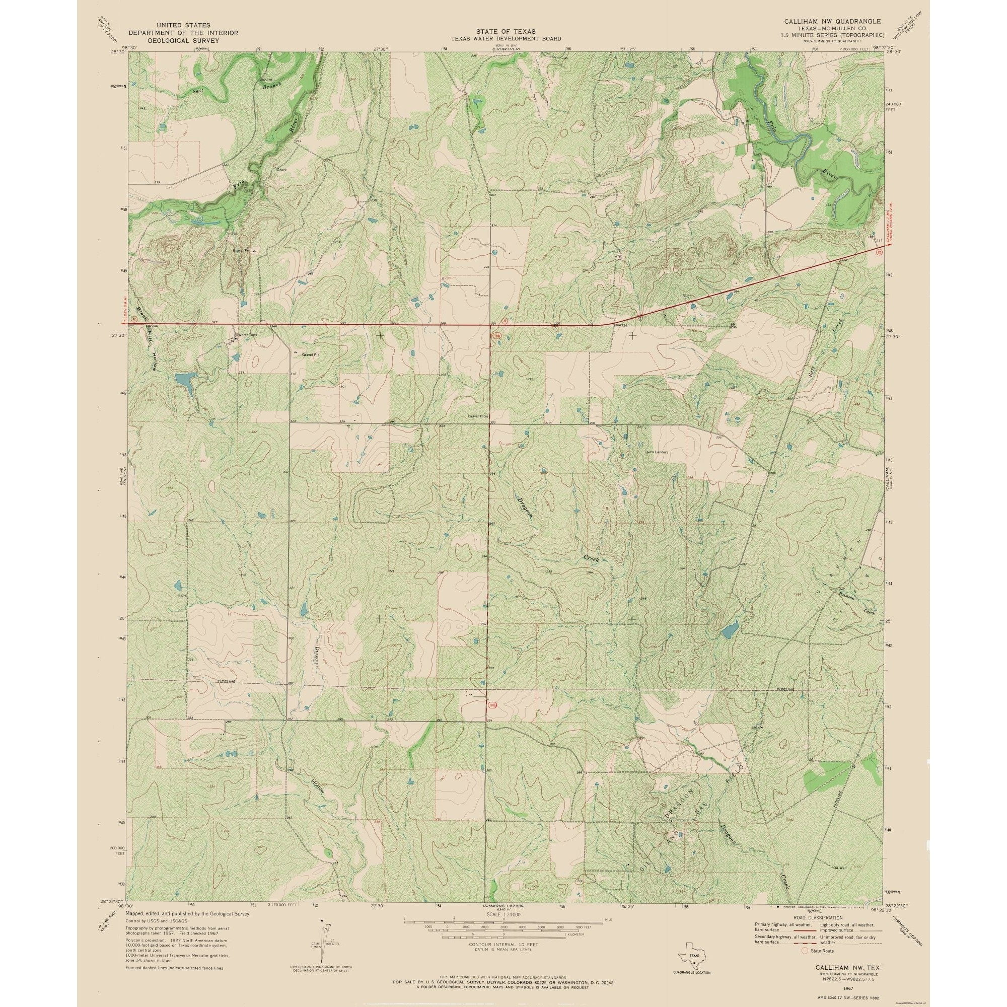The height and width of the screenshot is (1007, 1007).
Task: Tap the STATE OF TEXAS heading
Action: (x=506, y=32)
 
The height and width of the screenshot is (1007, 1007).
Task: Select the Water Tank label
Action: (x=248, y=335)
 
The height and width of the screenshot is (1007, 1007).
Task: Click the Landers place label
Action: (x=658, y=452)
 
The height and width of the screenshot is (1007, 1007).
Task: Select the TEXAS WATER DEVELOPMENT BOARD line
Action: (x=506, y=39)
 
